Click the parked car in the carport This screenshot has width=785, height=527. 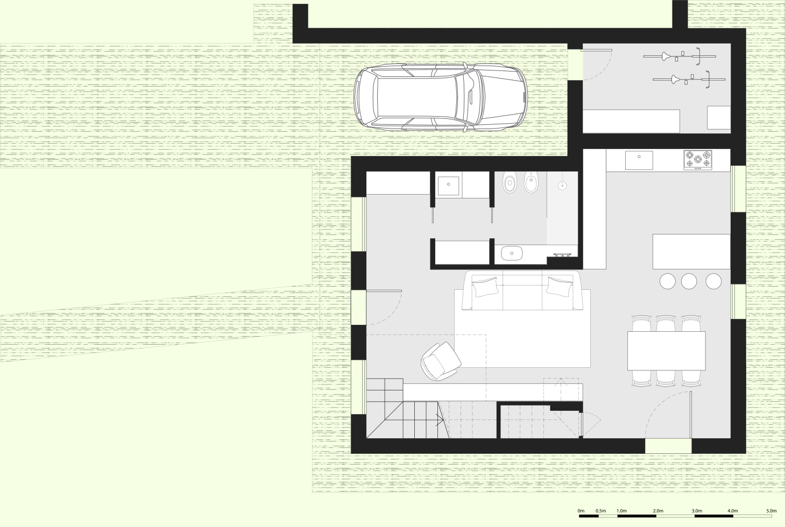point(440,97)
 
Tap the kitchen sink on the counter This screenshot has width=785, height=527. point(639,160)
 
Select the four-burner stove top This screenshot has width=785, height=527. point(698,160)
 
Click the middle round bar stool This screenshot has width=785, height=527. point(689,281)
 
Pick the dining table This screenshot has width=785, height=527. point(666,351)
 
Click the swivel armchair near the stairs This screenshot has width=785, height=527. point(440,362)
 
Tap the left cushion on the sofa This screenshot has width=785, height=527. point(486,287)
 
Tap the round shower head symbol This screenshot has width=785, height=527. point(562,186)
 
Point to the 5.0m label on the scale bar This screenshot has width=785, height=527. point(771,510)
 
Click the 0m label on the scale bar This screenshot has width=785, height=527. point(581,510)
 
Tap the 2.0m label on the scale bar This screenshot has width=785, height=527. point(657,510)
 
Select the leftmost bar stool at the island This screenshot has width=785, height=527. point(667,281)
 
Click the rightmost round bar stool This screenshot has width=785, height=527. point(713,281)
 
